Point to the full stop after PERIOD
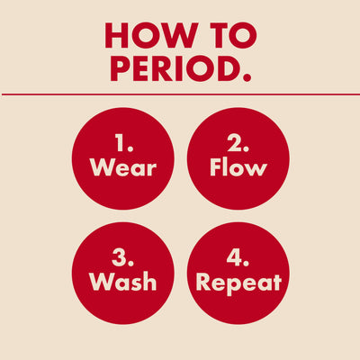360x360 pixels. [246, 78]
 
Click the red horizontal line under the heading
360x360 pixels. [180, 94]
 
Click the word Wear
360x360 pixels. [122, 167]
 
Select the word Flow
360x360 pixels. [238, 167]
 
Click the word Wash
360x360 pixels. [122, 282]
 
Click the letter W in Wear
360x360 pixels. [101, 167]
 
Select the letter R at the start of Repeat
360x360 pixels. [204, 282]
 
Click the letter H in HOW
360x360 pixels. [119, 35]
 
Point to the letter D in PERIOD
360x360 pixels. [227, 69]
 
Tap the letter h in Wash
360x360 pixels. [148, 282]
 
